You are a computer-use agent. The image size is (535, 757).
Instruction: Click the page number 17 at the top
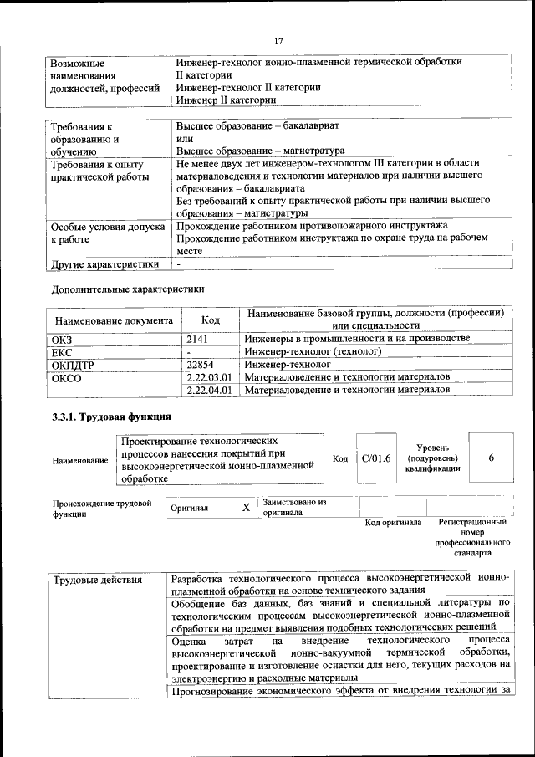pos(279,41)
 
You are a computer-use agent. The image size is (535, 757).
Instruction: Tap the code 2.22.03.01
pos(210,377)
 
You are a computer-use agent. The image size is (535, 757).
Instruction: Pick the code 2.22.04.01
pos(210,390)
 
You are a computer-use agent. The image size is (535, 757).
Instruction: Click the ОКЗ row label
pos(64,340)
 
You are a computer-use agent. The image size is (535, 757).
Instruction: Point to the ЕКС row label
pos(64,352)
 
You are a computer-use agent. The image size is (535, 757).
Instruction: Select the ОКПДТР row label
pos(73,365)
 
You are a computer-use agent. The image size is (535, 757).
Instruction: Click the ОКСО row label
pos(67,377)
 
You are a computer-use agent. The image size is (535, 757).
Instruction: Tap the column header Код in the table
pos(211,320)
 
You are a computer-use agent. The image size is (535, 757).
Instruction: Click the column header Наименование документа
pos(114,320)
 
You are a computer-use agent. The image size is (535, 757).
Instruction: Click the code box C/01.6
pos(375,458)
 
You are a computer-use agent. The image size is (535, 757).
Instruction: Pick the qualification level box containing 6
pos(492,458)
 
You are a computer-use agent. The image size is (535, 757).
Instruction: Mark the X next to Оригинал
pos(246,508)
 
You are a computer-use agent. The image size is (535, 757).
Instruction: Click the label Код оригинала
pos(394,523)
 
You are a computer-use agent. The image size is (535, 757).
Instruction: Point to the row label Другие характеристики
pos(105,265)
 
